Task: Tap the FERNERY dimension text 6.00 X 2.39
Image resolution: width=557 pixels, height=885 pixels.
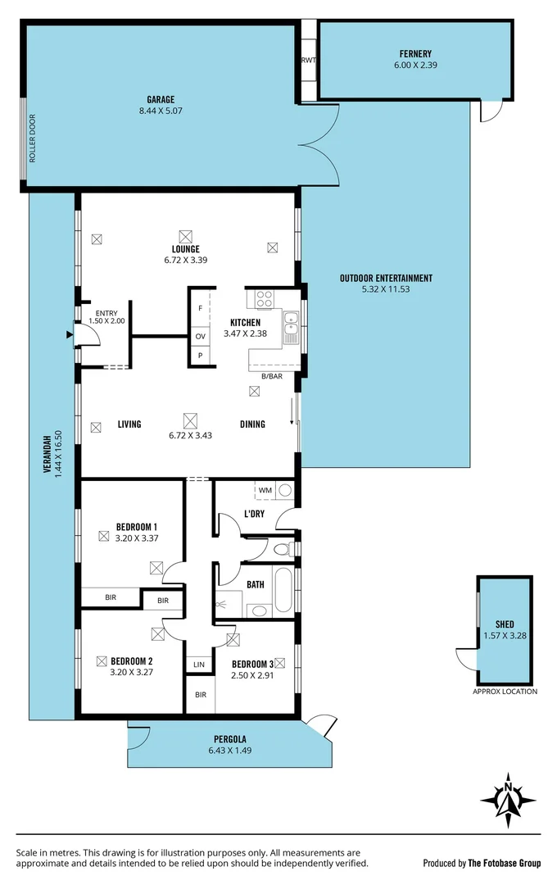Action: point(415,65)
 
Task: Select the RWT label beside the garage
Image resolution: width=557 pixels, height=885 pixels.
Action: point(309,61)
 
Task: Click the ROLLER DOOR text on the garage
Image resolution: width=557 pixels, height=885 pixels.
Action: point(33,144)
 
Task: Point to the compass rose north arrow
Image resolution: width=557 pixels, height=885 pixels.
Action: point(509,798)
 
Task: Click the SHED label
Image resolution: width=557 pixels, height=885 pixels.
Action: point(505,623)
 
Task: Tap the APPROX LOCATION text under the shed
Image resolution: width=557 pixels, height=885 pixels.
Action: point(505,692)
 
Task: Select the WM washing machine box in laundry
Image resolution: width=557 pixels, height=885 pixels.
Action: point(265,491)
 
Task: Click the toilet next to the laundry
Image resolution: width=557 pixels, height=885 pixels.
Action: point(281,548)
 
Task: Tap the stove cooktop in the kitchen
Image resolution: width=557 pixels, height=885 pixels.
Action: point(264,298)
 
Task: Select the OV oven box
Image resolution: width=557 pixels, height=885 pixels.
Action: point(200,336)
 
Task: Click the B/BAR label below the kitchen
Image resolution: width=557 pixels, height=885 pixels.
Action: point(271,376)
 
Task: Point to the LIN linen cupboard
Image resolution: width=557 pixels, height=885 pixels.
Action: point(199,664)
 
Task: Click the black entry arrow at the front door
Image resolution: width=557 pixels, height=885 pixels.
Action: point(69,334)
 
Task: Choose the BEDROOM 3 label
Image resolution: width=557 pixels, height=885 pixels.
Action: point(253,665)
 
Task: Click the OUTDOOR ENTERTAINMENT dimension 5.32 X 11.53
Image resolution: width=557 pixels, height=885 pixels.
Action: point(386,289)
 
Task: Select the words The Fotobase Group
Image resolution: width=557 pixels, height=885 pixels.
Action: point(504,863)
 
